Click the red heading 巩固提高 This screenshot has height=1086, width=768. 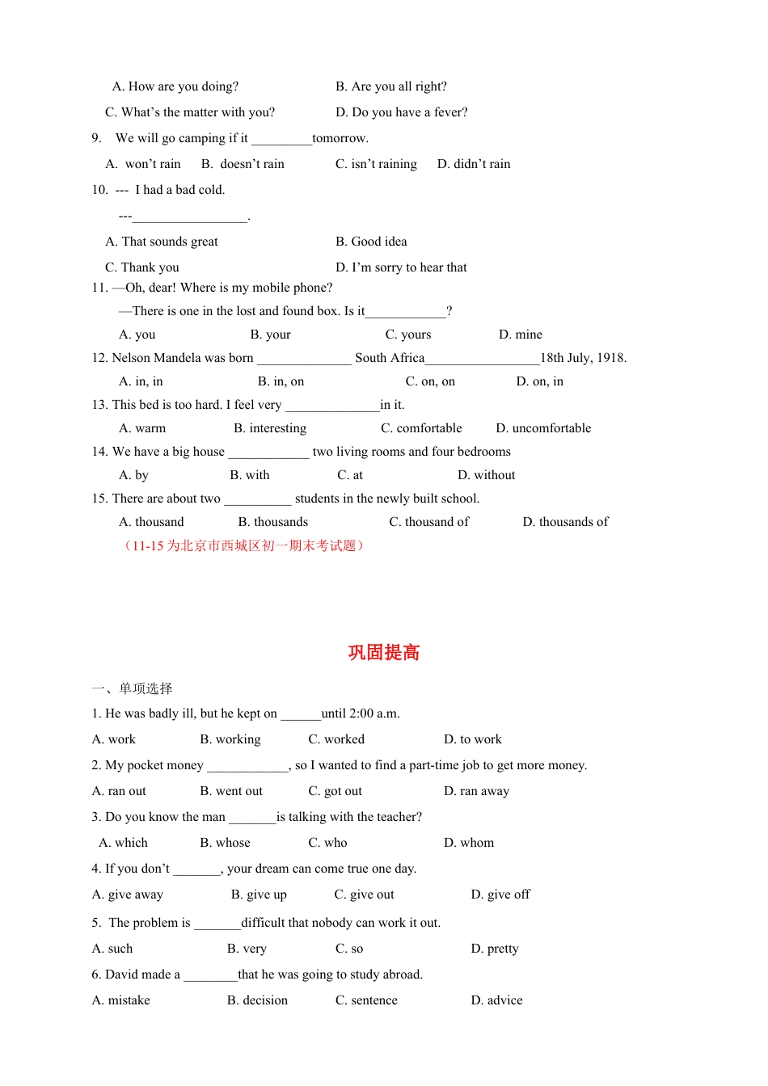click(384, 653)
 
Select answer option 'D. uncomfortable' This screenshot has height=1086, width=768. click(543, 428)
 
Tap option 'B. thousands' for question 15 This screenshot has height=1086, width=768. click(273, 522)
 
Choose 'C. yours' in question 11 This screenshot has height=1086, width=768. click(408, 335)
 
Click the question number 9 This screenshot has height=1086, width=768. click(96, 138)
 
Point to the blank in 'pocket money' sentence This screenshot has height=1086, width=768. click(247, 766)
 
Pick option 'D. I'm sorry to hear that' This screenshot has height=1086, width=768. click(401, 267)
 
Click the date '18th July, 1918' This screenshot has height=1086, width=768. click(583, 358)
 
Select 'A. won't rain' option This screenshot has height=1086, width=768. click(143, 164)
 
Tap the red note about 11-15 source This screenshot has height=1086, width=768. click(243, 546)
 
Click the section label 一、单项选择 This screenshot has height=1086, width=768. click(132, 688)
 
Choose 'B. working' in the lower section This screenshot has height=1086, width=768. click(230, 739)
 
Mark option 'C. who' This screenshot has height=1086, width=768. click(327, 843)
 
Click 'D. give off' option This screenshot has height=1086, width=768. click(500, 894)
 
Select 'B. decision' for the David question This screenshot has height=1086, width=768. click(257, 1000)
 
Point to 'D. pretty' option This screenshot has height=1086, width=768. click(495, 949)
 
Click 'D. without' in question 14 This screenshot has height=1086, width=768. click(486, 475)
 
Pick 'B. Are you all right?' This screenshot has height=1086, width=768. click(391, 86)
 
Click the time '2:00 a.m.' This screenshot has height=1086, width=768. click(373, 713)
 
